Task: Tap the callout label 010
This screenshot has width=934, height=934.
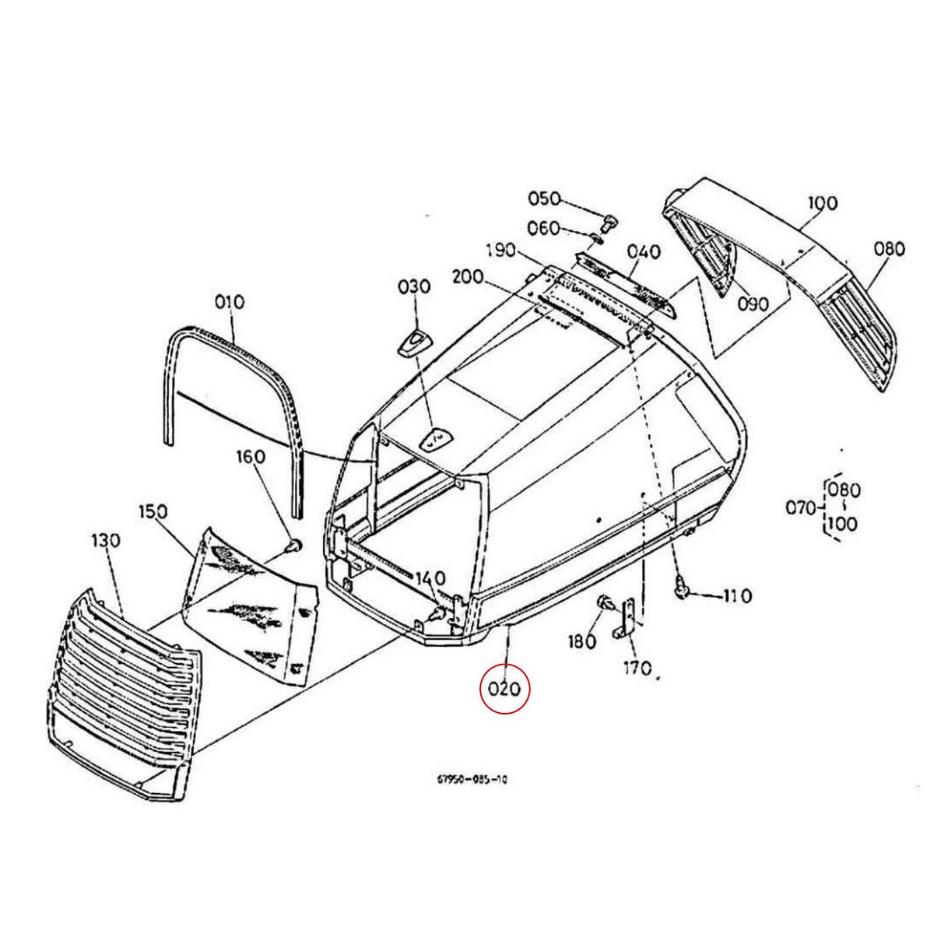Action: (x=230, y=301)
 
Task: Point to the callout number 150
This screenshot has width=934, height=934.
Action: (x=153, y=511)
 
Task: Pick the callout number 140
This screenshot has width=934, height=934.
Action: (x=430, y=578)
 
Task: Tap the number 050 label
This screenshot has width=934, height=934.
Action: (x=544, y=198)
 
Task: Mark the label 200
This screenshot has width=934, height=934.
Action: (x=466, y=276)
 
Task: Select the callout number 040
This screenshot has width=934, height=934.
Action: (x=644, y=251)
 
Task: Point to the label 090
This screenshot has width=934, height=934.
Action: (x=753, y=304)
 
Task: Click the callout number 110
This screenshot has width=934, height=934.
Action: (x=736, y=596)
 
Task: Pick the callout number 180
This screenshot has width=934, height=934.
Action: (x=581, y=642)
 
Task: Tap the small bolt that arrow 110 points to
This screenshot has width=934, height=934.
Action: (x=683, y=592)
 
